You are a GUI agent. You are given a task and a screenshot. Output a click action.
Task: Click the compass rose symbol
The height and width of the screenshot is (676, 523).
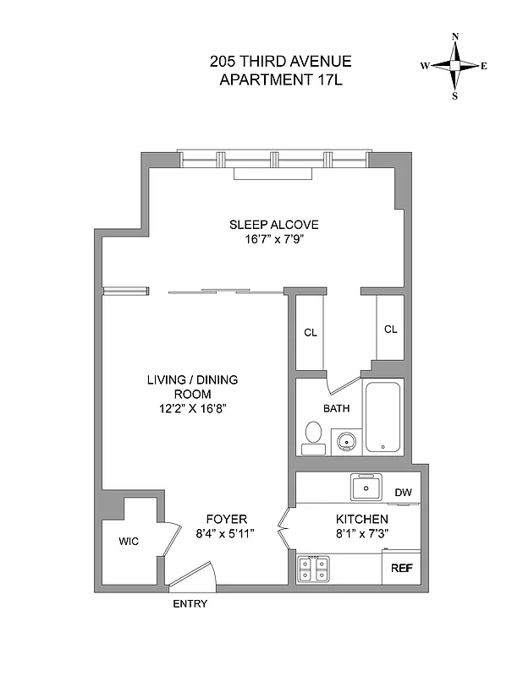tap(455, 66)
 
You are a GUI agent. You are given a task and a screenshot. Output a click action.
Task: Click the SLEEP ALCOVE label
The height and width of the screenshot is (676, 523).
tap(273, 225)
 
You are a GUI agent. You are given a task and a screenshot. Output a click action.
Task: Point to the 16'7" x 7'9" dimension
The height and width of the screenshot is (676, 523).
tap(273, 239)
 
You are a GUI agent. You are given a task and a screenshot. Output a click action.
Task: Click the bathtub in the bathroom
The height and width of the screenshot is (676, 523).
tap(383, 418)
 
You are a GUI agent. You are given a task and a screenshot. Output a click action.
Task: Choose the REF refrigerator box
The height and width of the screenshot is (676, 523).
tap(401, 568)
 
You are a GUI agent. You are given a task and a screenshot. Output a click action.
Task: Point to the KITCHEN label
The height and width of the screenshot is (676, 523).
tap(362, 519)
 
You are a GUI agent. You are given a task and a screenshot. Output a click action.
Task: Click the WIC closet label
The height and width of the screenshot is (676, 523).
tap(129, 541)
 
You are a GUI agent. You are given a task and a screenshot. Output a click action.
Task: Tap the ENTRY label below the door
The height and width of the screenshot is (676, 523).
tap(190, 604)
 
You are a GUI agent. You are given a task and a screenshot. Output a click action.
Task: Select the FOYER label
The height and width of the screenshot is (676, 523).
tap(227, 519)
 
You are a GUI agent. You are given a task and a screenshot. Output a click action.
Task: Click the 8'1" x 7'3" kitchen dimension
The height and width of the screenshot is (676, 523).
tap(362, 533)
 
